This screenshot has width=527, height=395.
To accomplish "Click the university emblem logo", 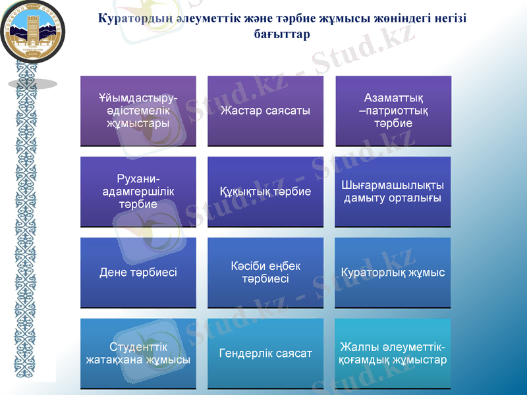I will pos(28,31).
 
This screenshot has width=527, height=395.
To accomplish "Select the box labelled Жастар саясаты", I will pos(265,111).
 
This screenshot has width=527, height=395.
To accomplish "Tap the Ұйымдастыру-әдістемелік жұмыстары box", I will pos(138,111).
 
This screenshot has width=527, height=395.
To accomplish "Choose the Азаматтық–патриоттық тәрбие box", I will pos(393,111).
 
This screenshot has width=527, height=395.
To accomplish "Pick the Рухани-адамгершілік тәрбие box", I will pos(138,192).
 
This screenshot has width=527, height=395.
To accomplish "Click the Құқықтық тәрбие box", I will pos(265,192).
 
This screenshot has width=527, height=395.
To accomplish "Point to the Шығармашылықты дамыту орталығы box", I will pos(393,192).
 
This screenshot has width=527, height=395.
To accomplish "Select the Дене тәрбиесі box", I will pos(138,273).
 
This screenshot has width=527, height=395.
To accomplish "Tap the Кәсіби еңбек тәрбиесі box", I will pos(265,273).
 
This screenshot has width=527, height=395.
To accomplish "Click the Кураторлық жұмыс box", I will pos(393,273).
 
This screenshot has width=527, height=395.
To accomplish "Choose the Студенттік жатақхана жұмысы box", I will pos(138,354).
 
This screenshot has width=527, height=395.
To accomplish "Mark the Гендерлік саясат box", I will pos(265,354).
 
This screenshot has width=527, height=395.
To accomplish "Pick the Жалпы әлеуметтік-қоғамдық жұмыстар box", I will pos(393,354).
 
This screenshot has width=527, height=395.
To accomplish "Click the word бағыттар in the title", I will pos(281,34).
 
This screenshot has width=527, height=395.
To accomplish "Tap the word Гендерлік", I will pos(247,354).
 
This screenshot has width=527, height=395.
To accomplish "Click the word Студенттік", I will pos(138,347).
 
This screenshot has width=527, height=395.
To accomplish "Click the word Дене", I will pos(112,273).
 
